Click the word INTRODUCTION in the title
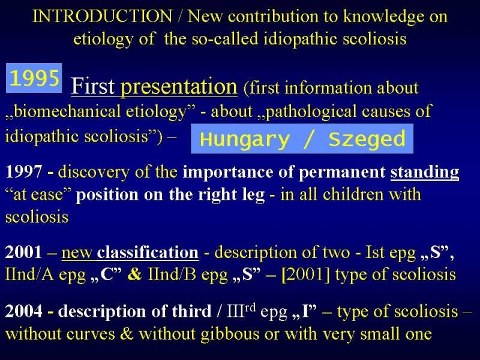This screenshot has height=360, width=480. [102, 16]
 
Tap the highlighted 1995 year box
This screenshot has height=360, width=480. [34, 78]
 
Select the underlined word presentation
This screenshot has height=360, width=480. [179, 86]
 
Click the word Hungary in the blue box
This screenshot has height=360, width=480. [245, 139]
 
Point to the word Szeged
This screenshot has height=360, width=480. [367, 139]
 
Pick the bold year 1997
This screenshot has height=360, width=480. [23, 172]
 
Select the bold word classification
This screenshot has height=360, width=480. [148, 252]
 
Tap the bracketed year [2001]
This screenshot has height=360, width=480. [306, 275]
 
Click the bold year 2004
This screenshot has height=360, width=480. [23, 311]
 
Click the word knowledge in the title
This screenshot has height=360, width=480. [384, 17]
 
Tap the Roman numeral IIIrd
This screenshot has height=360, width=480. [241, 310]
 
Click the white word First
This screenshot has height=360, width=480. [93, 86]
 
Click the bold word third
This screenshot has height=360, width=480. [191, 311]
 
